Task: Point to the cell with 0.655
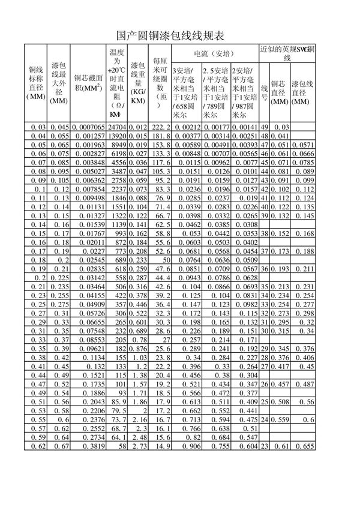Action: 305,446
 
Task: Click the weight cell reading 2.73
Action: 139,446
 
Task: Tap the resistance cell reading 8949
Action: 119,145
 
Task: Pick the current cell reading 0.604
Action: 246,446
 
